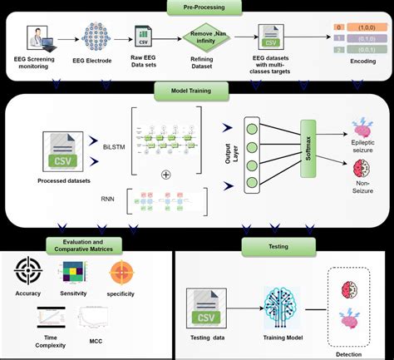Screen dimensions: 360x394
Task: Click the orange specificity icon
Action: pos(121,273)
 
